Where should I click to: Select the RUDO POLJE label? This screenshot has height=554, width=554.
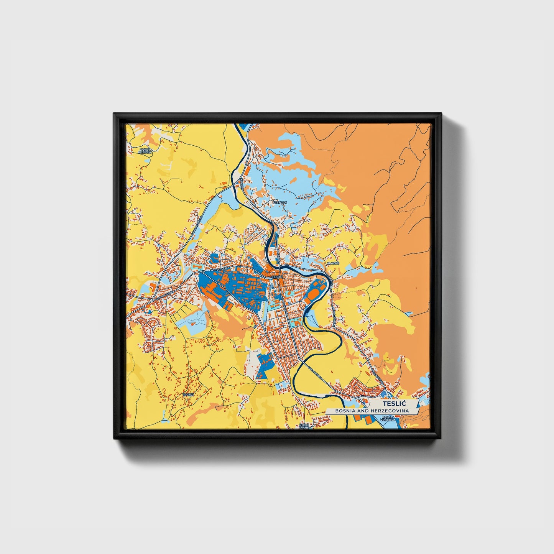304,426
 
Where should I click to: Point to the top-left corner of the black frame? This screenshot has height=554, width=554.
114,113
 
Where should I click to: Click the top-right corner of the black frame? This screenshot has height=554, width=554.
441,113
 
